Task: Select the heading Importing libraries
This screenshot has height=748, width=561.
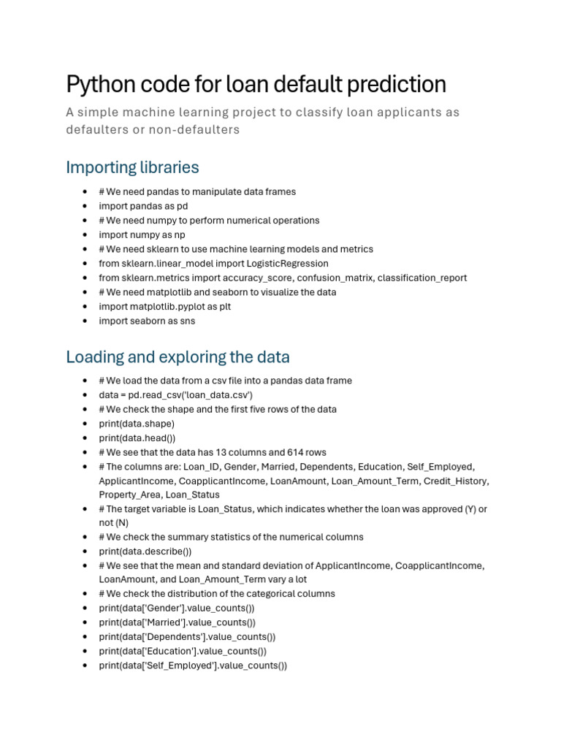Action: (132, 167)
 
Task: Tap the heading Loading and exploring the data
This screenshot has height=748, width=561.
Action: (178, 357)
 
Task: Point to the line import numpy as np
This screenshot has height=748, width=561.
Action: (142, 234)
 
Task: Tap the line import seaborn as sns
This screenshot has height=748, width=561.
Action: (147, 321)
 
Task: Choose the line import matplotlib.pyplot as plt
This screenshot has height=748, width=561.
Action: (164, 306)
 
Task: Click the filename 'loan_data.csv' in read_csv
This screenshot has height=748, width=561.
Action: (218, 394)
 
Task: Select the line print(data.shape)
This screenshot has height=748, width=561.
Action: (137, 423)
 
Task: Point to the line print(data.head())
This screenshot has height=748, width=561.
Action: (137, 438)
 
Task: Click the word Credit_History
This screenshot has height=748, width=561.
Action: (458, 481)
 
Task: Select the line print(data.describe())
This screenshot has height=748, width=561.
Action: (145, 552)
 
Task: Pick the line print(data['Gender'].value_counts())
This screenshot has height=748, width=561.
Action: (177, 608)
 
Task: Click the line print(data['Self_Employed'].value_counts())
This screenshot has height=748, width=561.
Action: (193, 665)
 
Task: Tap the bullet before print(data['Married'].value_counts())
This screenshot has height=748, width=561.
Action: (85, 622)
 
